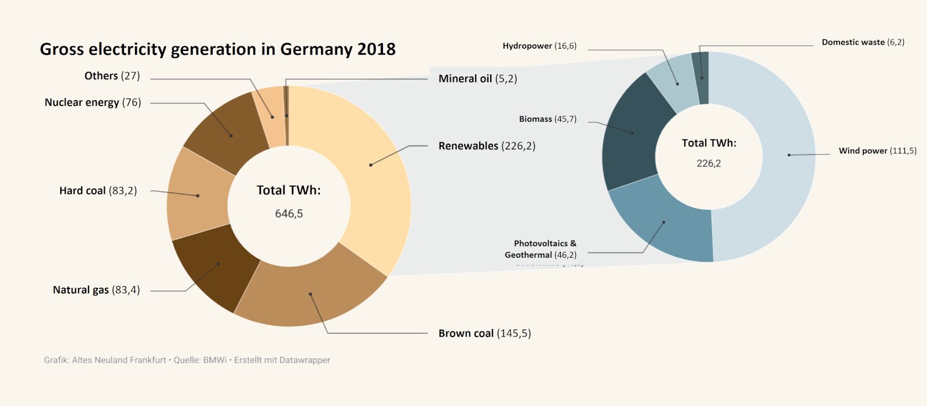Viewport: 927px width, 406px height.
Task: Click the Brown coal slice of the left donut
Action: [x=311, y=294]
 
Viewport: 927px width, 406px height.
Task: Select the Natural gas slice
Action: [x=218, y=265]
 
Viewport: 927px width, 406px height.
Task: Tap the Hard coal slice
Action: [x=198, y=195]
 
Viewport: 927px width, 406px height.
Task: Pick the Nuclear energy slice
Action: [x=231, y=135]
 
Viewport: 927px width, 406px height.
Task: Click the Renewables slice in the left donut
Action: [x=371, y=164]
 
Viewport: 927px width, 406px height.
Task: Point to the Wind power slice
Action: [x=789, y=155]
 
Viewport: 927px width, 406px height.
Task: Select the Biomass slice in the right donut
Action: [x=632, y=133]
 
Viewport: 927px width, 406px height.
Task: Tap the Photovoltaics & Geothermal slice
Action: [x=664, y=222]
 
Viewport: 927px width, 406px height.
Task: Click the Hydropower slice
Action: [x=677, y=84]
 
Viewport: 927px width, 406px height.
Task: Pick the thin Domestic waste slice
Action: [x=702, y=78]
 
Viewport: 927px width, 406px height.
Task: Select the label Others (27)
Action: [x=112, y=76]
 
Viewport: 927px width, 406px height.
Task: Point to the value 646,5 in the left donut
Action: [x=289, y=214]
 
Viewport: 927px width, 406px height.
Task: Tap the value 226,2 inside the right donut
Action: [x=709, y=163]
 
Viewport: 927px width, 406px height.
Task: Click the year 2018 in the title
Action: [x=376, y=49]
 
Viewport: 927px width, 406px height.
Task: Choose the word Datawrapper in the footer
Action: [x=305, y=360]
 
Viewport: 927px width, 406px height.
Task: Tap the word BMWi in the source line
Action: [x=214, y=360]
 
